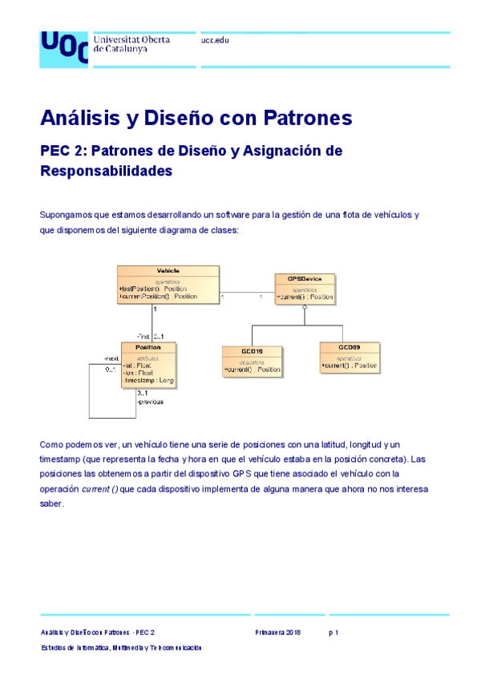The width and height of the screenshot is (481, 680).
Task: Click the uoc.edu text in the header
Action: point(215,39)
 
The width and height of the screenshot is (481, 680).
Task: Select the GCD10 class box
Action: point(252,358)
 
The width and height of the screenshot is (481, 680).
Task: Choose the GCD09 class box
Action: point(349,357)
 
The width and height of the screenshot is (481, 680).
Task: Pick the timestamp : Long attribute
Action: point(148,379)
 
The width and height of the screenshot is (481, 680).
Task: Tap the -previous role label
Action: point(150,402)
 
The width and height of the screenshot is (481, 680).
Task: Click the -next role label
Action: point(111,358)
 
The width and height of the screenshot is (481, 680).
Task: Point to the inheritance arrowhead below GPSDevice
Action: point(304,319)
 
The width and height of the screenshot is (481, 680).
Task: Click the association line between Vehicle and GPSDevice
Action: point(248,291)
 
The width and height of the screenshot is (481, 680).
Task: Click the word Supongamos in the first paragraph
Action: point(64,215)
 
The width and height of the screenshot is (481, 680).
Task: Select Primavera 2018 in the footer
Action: point(278,633)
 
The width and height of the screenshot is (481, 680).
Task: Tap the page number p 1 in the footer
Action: point(333,633)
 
